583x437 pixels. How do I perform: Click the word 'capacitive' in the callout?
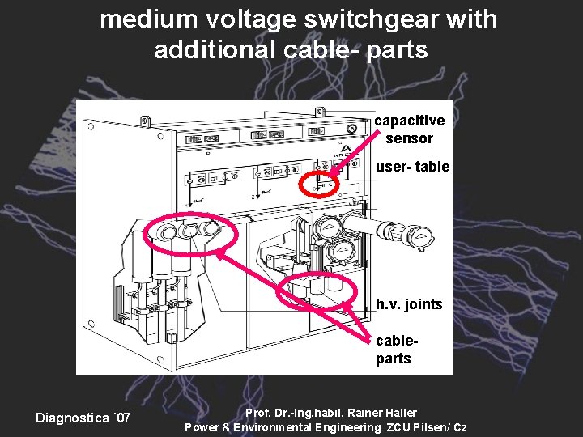(409, 121)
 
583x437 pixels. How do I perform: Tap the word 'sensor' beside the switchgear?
(409, 138)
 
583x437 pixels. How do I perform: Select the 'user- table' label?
(411, 167)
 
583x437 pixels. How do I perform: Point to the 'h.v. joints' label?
(409, 304)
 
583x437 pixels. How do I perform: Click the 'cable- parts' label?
(394, 350)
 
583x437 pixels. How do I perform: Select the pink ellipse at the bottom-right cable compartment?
(322, 290)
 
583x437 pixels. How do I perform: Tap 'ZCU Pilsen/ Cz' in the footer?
(426, 427)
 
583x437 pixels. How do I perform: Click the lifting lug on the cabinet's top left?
(145, 121)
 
